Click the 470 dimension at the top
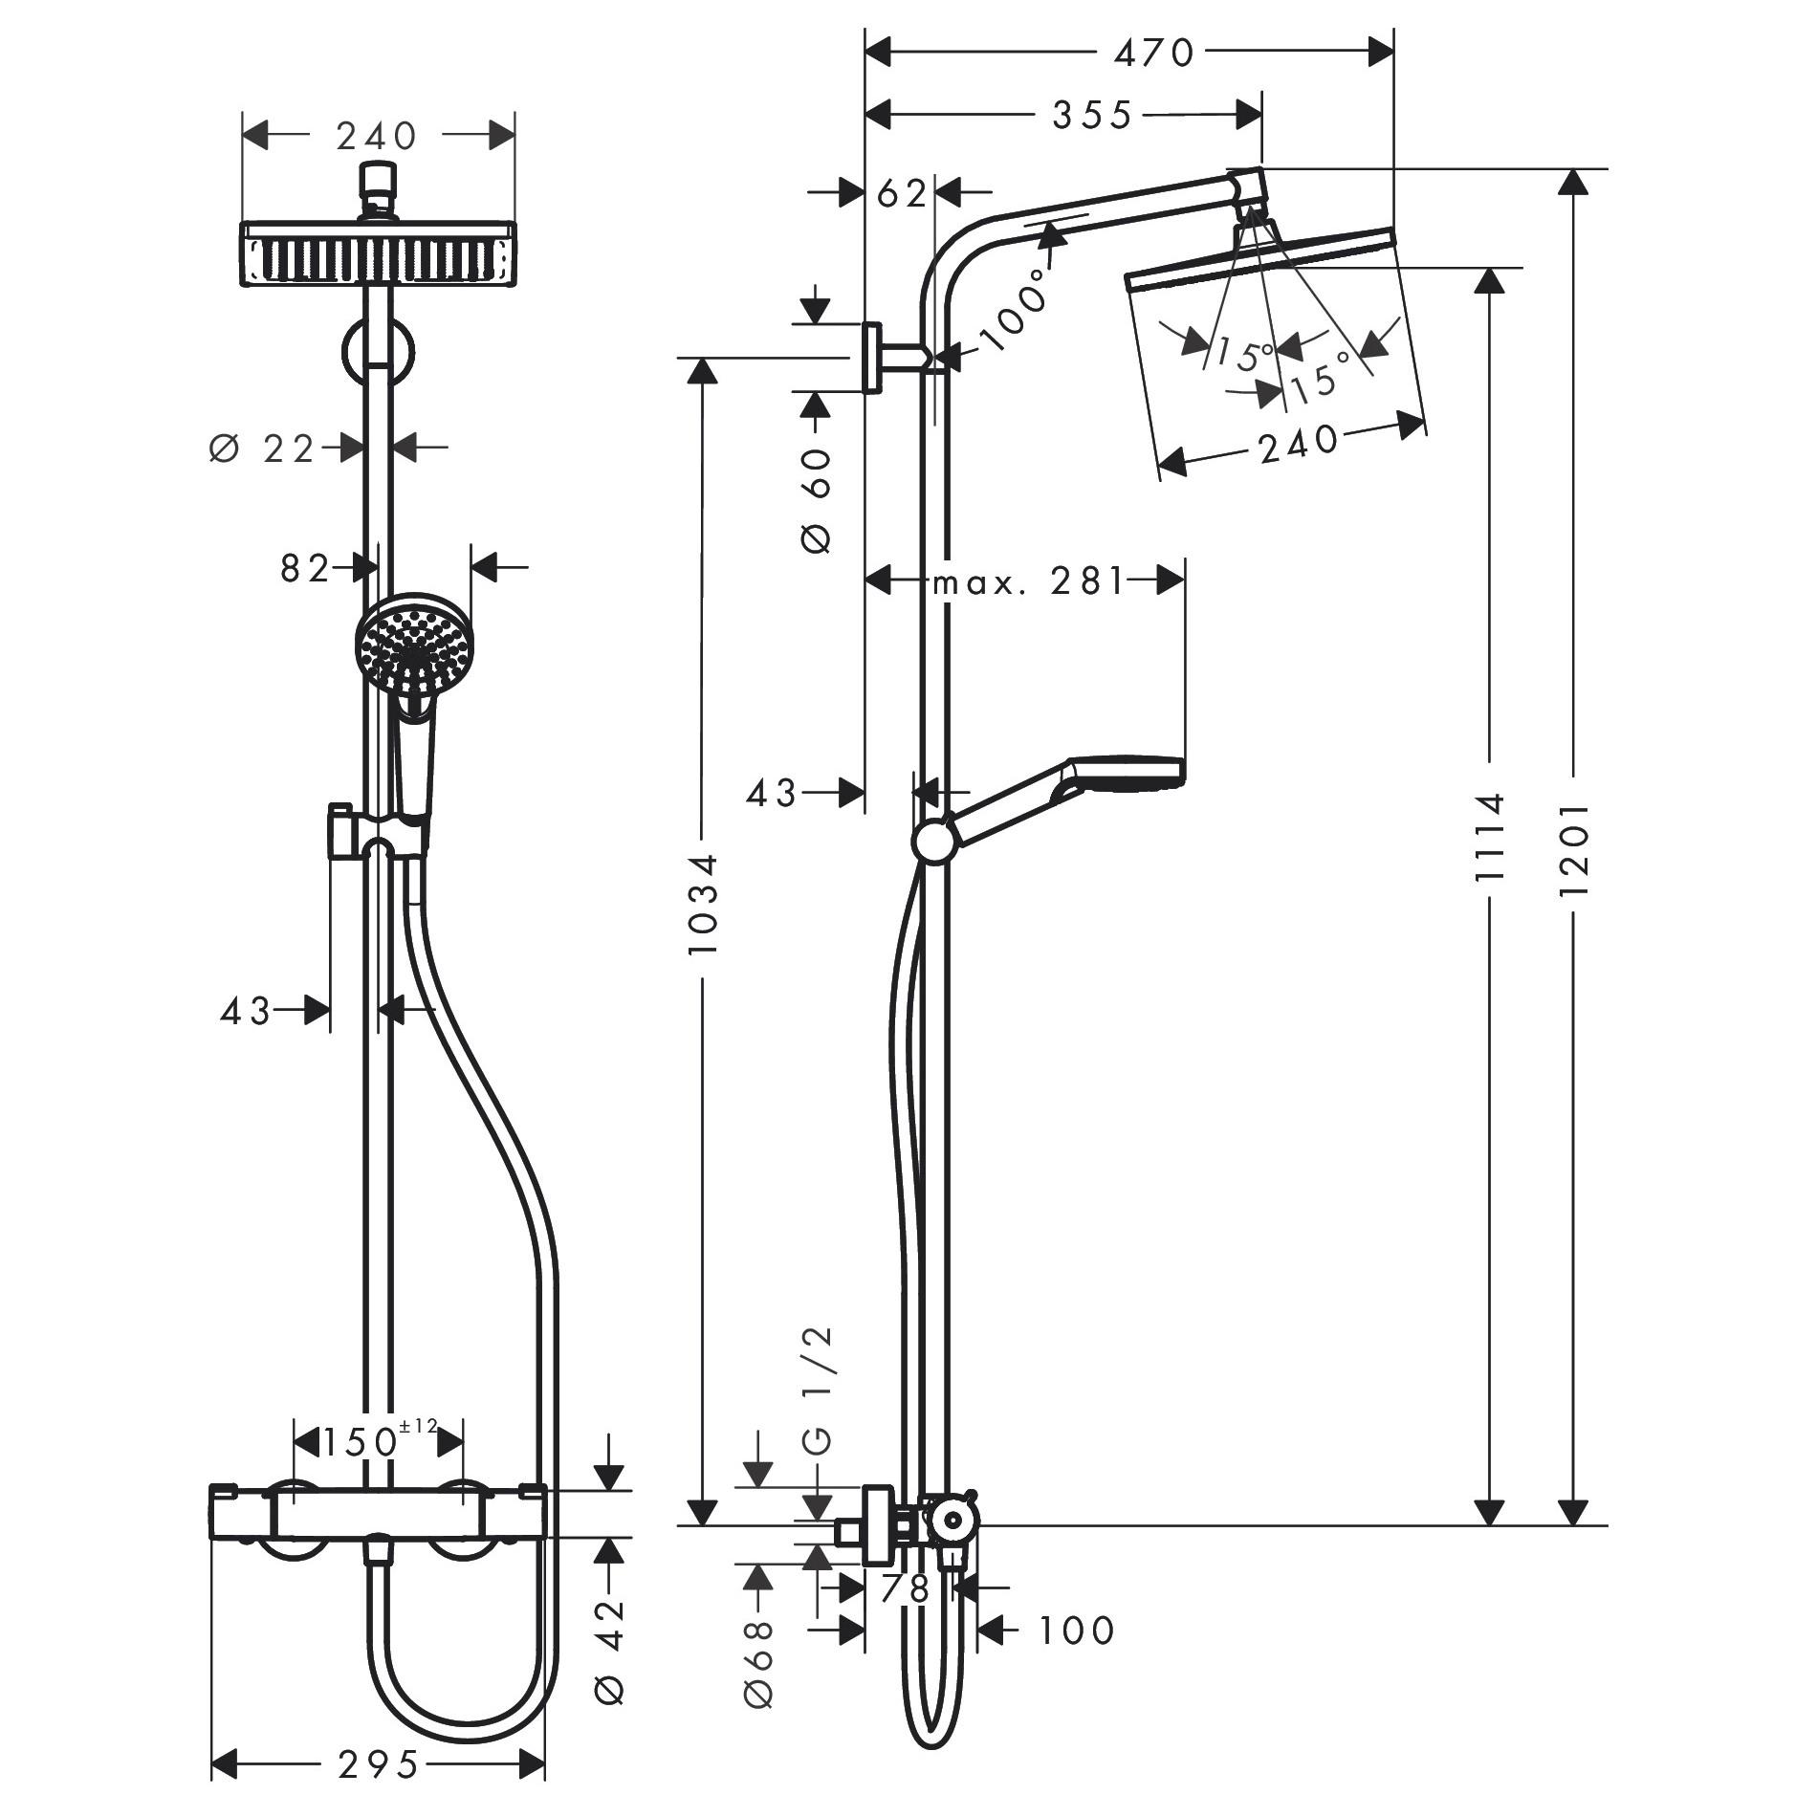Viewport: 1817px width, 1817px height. (1154, 54)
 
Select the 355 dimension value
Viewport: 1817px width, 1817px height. (1091, 116)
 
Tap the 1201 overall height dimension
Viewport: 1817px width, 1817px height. (1573, 848)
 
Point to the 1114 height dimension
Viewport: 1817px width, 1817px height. (1489, 836)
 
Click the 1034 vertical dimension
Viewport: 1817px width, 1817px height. (703, 904)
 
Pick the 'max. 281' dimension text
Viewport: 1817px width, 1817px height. (1029, 580)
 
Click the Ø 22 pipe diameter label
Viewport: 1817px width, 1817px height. (261, 448)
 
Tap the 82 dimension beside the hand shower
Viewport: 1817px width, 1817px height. (304, 568)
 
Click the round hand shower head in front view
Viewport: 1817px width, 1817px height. (414, 647)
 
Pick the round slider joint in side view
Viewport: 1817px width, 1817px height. (932, 843)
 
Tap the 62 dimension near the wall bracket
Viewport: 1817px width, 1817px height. (901, 194)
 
